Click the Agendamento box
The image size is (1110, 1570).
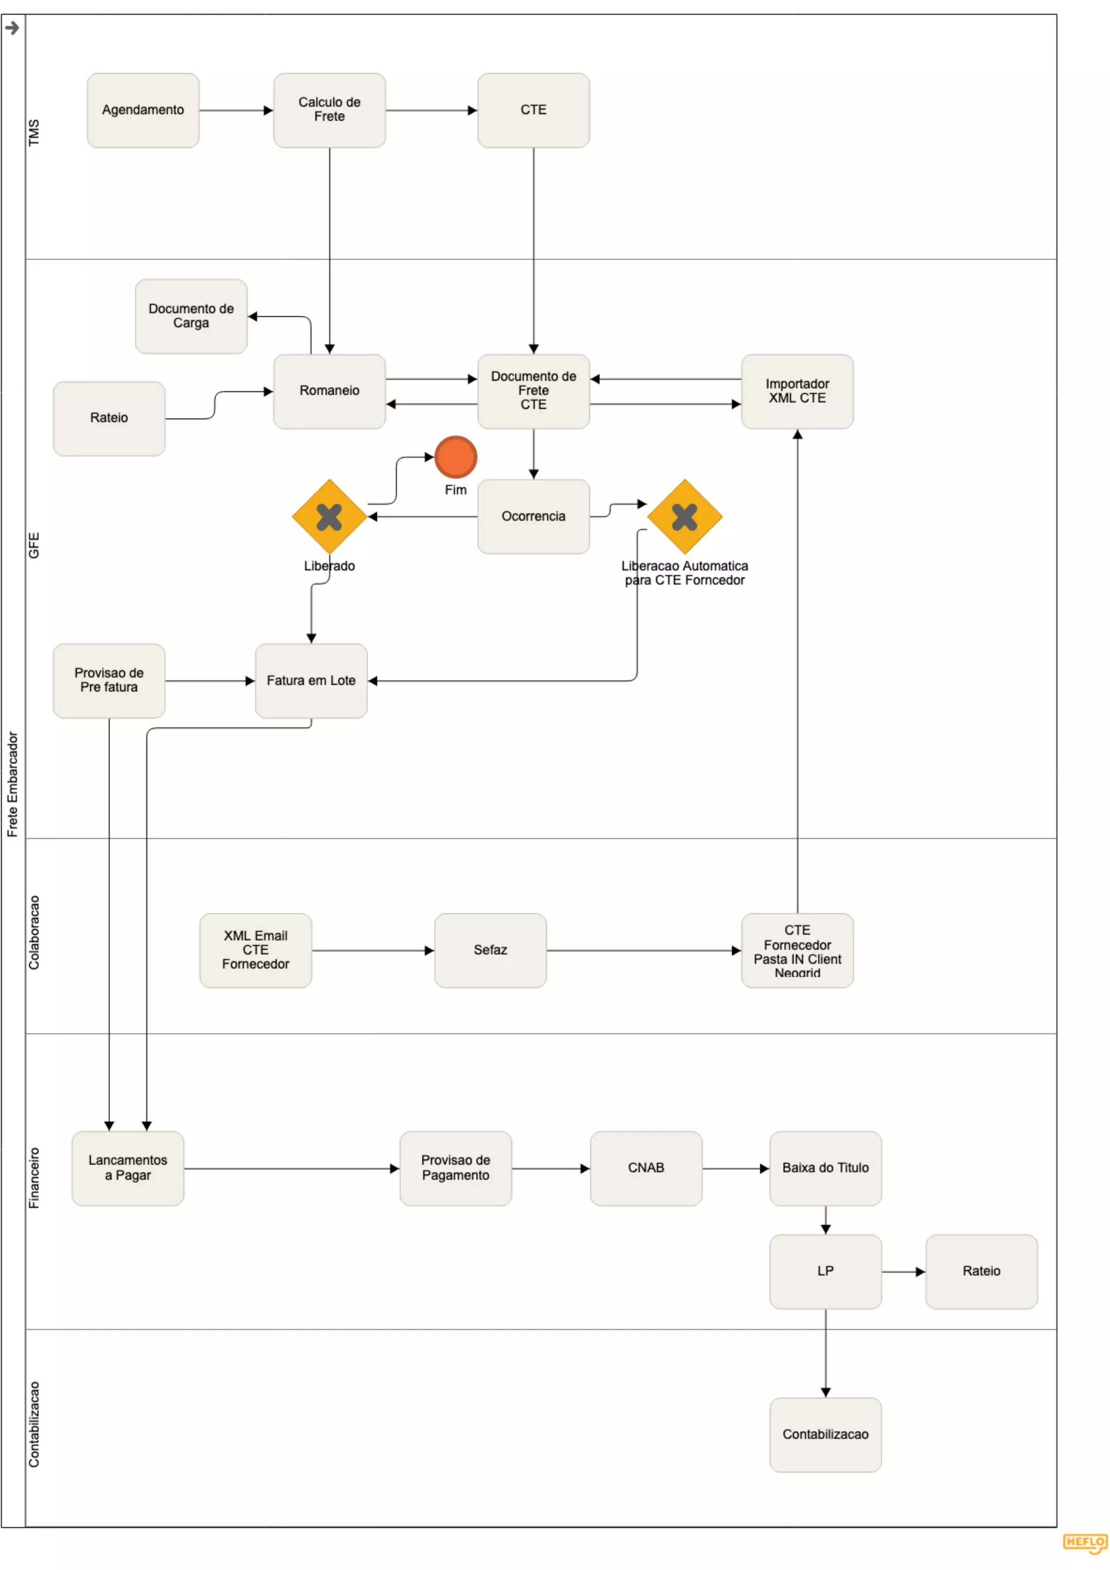[143, 110]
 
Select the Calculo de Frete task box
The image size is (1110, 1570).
[329, 110]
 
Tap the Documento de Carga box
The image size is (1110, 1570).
[191, 316]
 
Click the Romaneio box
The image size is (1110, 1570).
[329, 391]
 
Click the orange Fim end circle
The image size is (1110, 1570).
[455, 457]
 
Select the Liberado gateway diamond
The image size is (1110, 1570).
[329, 516]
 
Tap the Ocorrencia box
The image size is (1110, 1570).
[533, 516]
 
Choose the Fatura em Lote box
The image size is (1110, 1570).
[311, 680]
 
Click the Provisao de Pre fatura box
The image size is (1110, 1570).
[109, 680]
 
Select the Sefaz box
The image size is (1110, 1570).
[490, 950]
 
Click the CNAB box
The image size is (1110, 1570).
[646, 1168]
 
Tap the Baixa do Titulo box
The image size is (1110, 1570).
[825, 1168]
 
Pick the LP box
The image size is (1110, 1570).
[825, 1271]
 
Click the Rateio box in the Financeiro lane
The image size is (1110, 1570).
[981, 1271]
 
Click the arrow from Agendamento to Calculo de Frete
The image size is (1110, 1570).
[236, 110]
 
